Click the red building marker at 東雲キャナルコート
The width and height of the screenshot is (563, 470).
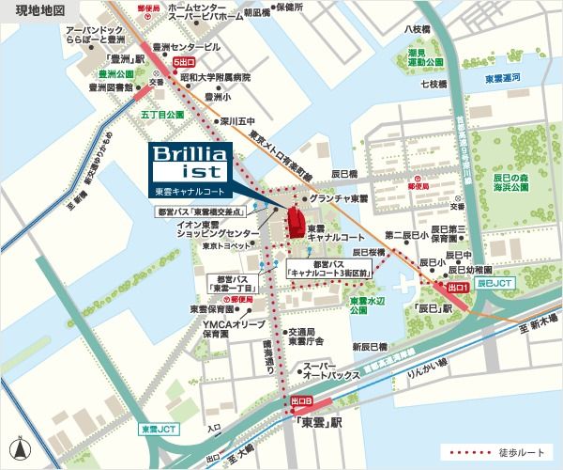pyautogui.click(x=294, y=223)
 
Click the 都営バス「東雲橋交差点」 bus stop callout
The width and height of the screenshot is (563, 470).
pyautogui.click(x=209, y=213)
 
